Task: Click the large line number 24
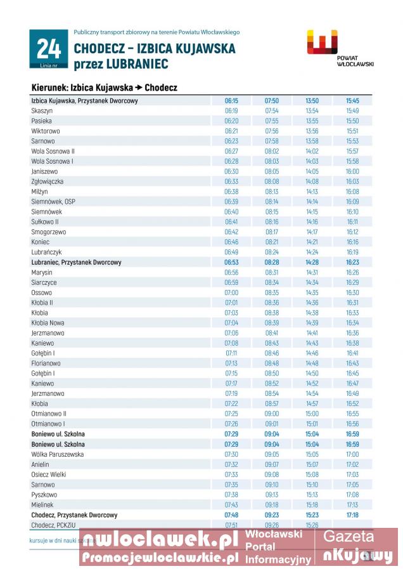[48, 49]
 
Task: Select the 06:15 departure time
[231, 100]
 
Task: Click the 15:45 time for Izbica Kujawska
[352, 100]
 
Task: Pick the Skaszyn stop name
[42, 110]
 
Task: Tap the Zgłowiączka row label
[47, 181]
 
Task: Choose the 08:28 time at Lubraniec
[272, 262]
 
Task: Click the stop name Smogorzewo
[49, 232]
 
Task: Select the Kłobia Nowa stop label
[48, 323]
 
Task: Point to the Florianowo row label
[46, 364]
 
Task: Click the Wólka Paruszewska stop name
[57, 454]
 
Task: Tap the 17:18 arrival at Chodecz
[352, 515]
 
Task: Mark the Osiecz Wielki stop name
[49, 475]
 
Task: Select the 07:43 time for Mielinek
[231, 505]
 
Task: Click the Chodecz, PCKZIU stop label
[53, 525]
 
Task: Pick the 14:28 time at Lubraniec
[312, 262]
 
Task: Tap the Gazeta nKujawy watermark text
[358, 547]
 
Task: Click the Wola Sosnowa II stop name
[53, 151]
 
